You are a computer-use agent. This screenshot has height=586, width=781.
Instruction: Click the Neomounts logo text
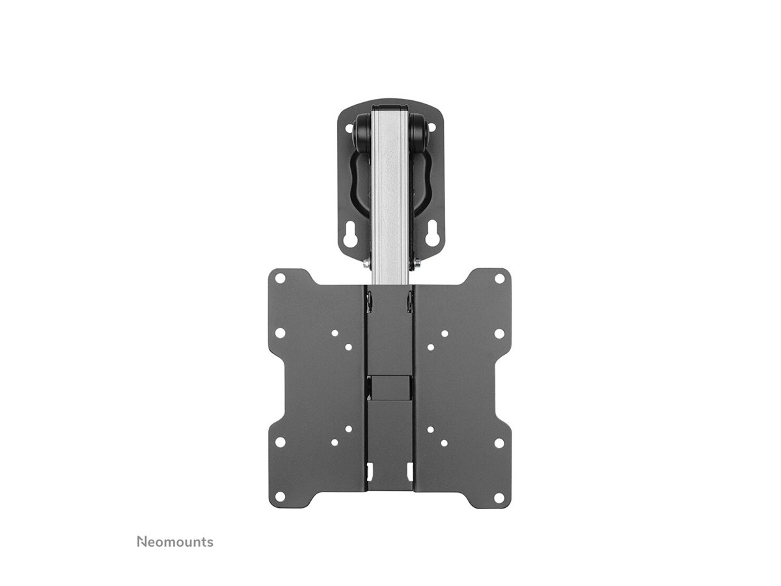[x=174, y=542]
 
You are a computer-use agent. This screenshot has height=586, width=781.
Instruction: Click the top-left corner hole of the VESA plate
[x=281, y=278]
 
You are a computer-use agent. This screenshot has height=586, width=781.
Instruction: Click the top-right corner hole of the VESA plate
[x=499, y=278]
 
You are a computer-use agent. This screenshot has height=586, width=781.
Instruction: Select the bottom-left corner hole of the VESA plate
[x=281, y=498]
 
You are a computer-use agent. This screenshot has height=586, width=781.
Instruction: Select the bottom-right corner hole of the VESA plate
[x=499, y=498]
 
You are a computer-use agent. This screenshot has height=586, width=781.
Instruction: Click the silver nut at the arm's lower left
[x=366, y=264]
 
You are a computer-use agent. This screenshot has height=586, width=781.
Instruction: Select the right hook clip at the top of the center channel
[x=411, y=301]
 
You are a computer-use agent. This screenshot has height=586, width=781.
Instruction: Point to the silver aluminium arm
[x=390, y=195]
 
